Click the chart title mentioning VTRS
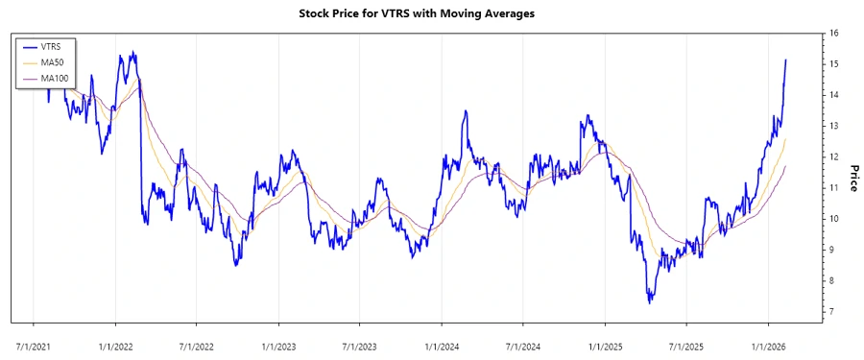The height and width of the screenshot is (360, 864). point(431,13)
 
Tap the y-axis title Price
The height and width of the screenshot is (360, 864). point(852,178)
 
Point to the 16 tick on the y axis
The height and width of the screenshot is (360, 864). point(834,34)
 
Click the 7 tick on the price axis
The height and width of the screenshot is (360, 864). point(831,312)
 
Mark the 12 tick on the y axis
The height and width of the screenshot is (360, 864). point(834,157)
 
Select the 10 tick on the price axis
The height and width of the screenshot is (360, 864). point(834,219)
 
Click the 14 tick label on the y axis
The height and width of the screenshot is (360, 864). point(834,95)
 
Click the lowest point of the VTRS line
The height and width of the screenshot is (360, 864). point(650,303)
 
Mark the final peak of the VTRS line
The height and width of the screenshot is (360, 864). point(785,60)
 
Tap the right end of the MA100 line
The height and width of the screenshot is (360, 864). point(785,166)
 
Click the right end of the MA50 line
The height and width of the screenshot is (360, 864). point(785,139)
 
